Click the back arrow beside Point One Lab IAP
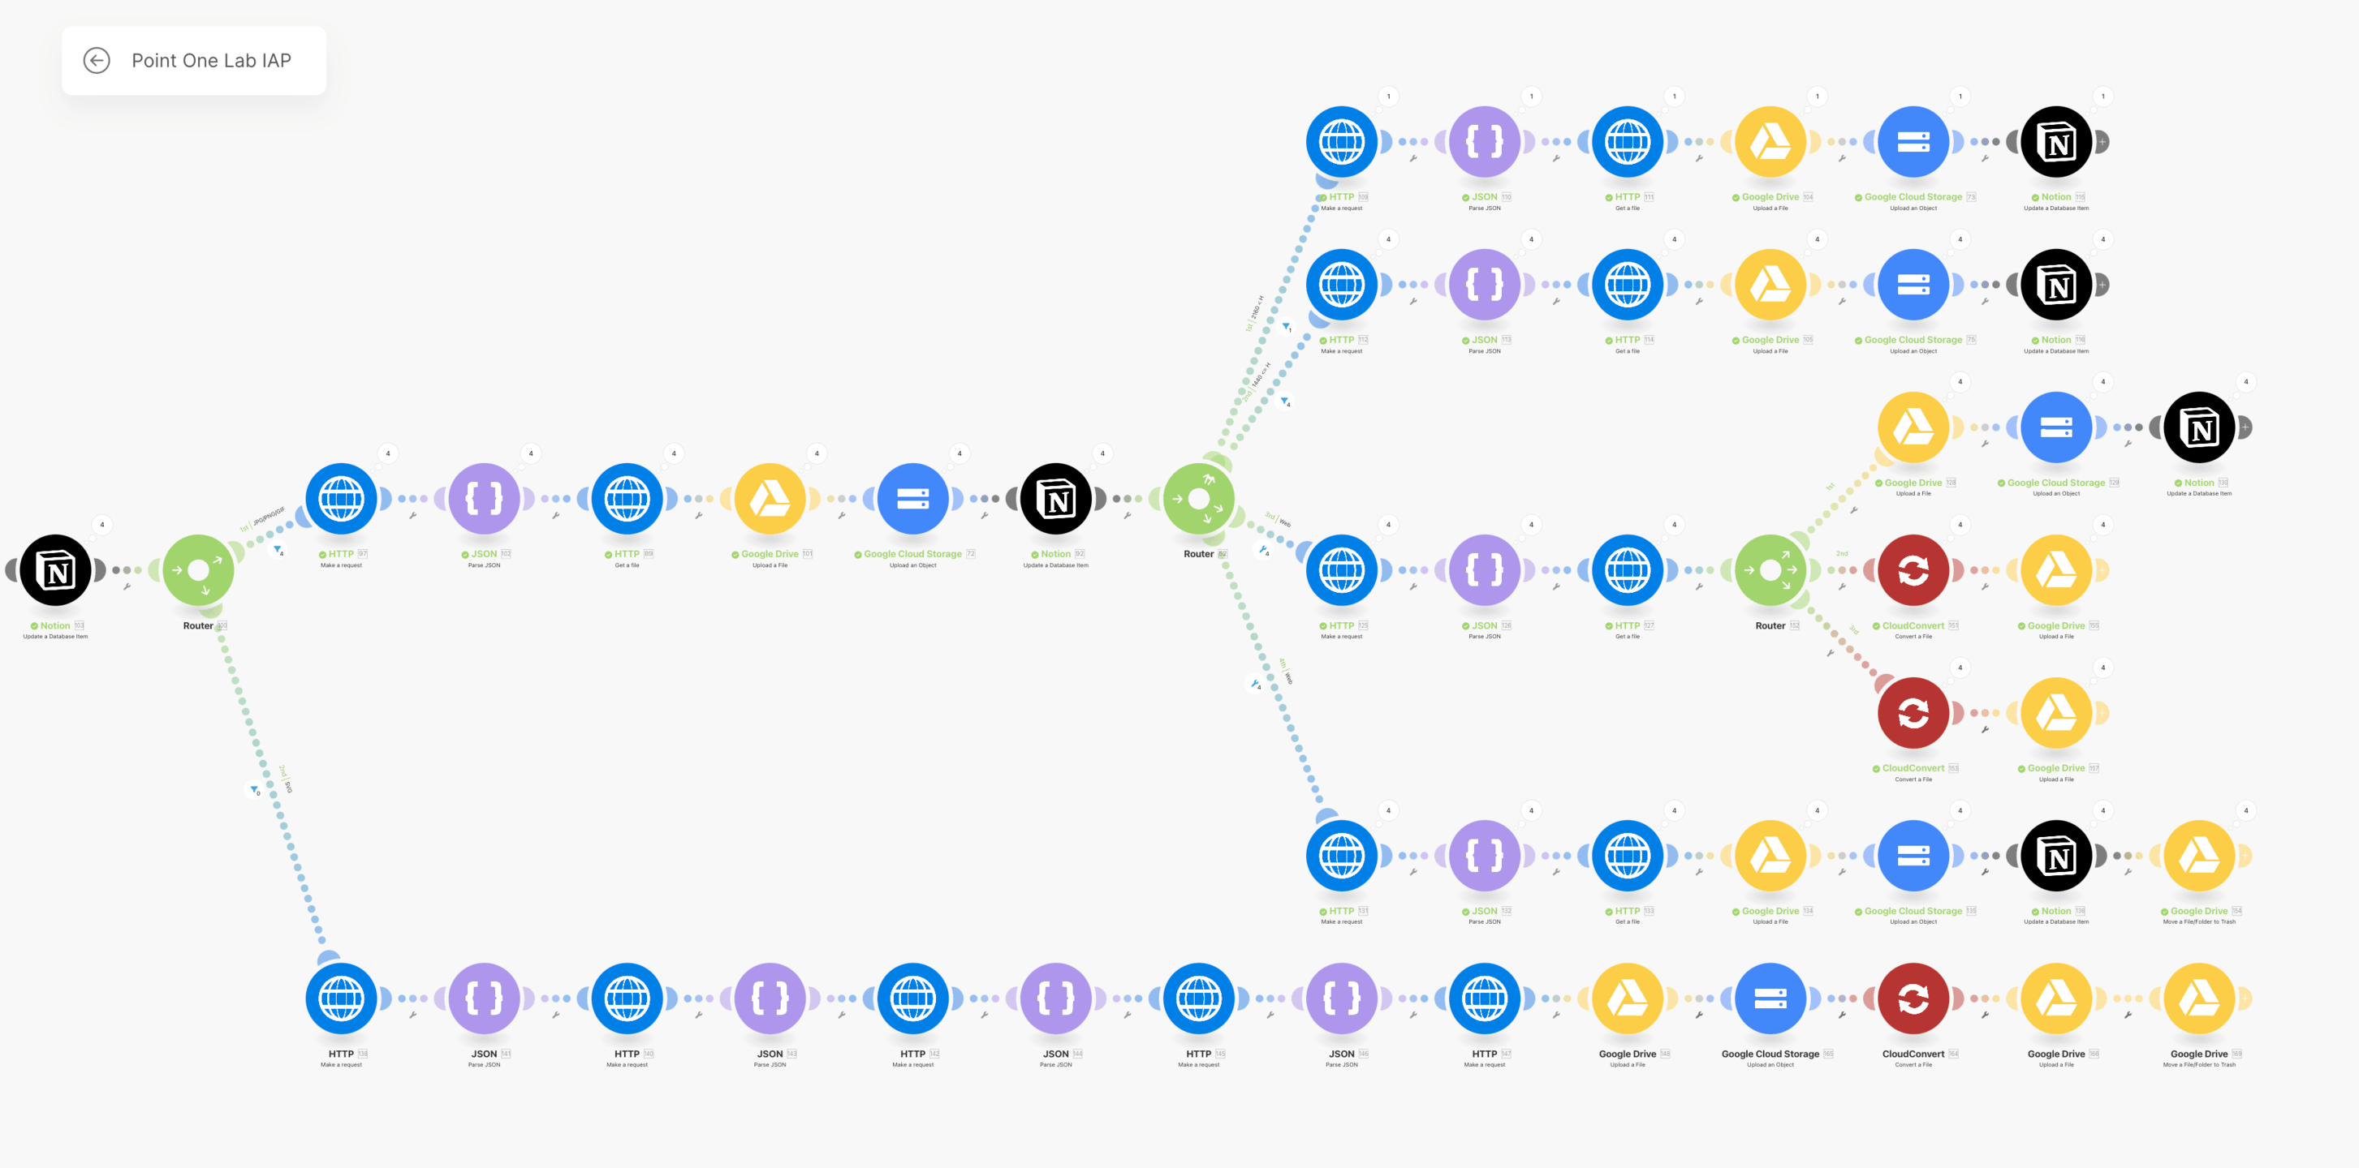(x=96, y=60)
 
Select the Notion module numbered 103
(x=55, y=570)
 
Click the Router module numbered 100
(x=198, y=570)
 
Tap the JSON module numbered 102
(x=484, y=499)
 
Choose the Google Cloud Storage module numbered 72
(x=912, y=499)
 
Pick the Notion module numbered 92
(x=1055, y=499)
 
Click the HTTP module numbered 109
(x=1342, y=142)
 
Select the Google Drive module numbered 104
(x=1770, y=142)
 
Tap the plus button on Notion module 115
(x=2102, y=142)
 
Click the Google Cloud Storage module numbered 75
(x=1913, y=285)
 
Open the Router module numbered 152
(x=1770, y=570)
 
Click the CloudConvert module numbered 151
(x=1913, y=570)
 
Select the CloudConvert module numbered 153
(x=1913, y=713)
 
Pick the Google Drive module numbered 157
(x=2056, y=713)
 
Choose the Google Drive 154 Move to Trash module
(x=2199, y=856)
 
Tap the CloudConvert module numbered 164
(x=1913, y=998)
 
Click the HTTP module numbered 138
(x=341, y=998)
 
